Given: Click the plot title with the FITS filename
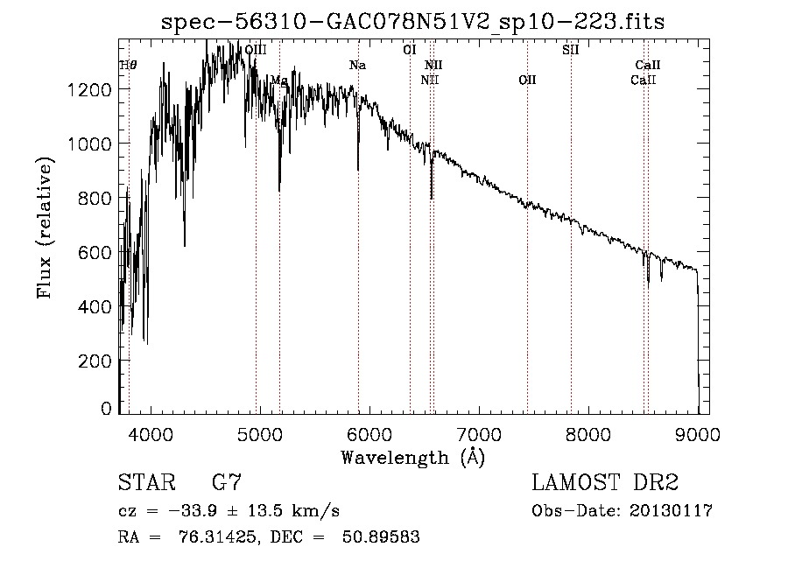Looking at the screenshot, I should tap(413, 22).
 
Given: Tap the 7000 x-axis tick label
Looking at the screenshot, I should tap(479, 432).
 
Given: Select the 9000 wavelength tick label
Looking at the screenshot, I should tap(698, 432).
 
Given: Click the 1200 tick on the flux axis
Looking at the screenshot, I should tap(92, 90).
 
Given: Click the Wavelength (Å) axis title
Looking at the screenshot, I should tap(412, 457).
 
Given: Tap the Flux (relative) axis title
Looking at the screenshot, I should tap(45, 228).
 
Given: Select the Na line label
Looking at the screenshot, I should tap(357, 66).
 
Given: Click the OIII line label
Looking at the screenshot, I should tap(256, 50).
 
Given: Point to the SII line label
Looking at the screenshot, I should tap(570, 50).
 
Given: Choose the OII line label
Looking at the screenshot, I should tap(526, 81).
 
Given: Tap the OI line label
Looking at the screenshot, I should tap(409, 50).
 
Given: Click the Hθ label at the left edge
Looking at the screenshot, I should tap(128, 66).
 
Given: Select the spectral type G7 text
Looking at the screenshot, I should tap(227, 482).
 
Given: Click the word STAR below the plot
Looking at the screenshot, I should tap(144, 482).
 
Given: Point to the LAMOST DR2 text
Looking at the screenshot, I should tap(605, 482).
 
